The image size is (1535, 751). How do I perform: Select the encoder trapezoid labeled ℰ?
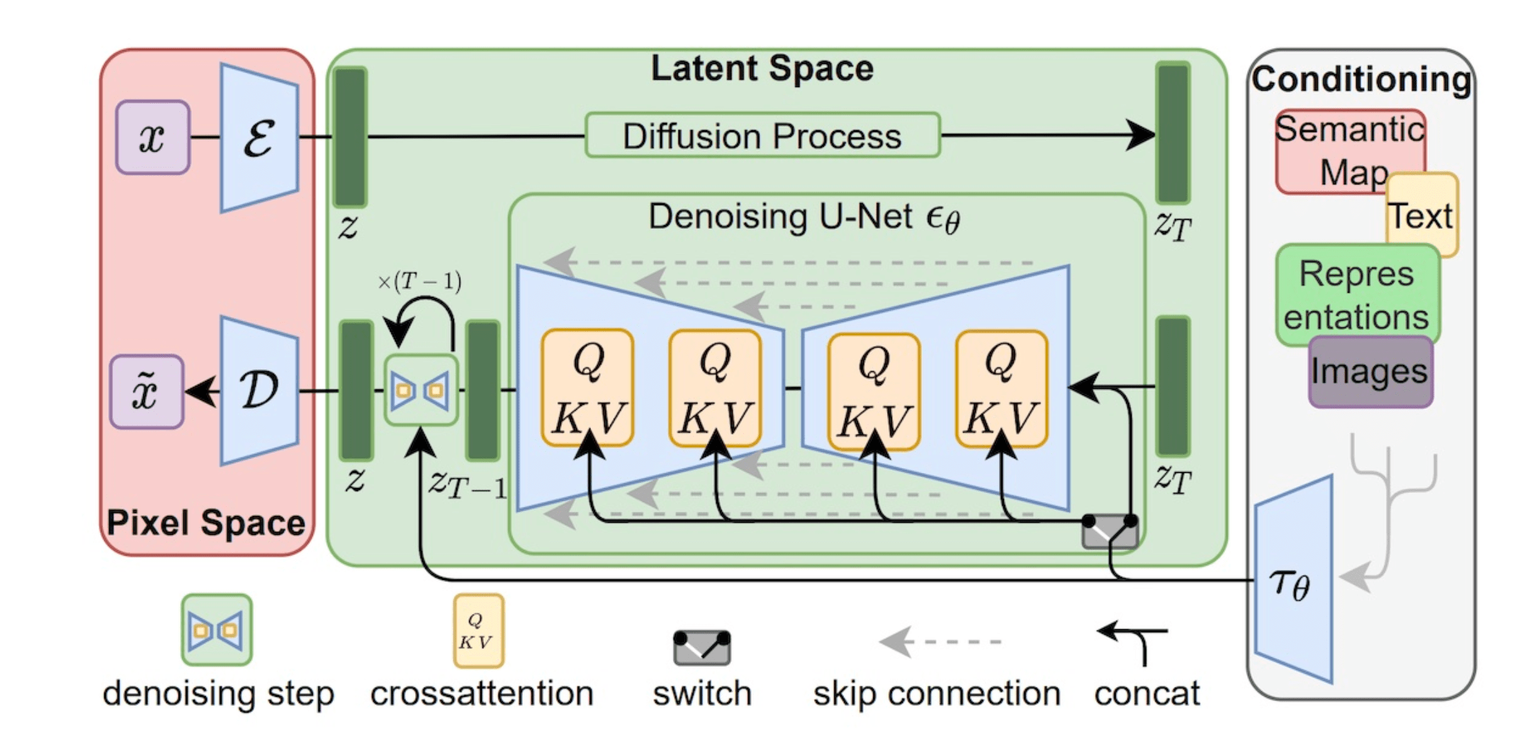[259, 138]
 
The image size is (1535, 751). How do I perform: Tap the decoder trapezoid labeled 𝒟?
[259, 390]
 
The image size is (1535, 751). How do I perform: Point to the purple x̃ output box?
[147, 391]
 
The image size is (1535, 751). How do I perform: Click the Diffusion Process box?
[763, 136]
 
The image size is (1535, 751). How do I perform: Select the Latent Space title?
[762, 69]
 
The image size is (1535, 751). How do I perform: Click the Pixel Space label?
[206, 523]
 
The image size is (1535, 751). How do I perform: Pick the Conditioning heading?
[1361, 79]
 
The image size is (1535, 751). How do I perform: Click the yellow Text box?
[1422, 216]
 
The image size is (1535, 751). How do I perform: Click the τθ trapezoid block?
[1293, 581]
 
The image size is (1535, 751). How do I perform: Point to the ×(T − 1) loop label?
[419, 282]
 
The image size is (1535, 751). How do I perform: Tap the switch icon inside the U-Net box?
[1110, 531]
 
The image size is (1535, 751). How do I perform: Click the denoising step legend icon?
[217, 630]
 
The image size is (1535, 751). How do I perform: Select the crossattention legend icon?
[478, 631]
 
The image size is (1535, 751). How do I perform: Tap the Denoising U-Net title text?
[804, 218]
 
